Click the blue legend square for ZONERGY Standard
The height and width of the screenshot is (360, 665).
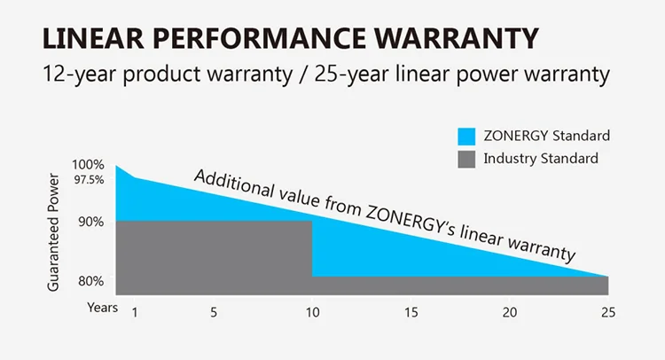(x=465, y=137)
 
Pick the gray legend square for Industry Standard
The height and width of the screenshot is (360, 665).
(x=465, y=160)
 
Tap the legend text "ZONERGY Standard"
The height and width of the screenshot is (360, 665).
(x=546, y=137)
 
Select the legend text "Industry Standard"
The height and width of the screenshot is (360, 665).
(x=541, y=160)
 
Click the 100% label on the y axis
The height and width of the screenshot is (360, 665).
(x=89, y=164)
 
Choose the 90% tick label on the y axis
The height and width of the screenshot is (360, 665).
(x=90, y=221)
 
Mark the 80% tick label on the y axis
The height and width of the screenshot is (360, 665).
(x=90, y=281)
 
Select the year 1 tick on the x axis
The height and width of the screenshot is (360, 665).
(x=135, y=312)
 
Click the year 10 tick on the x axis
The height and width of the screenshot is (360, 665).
(x=311, y=312)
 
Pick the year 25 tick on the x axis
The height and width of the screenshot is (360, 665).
(x=607, y=312)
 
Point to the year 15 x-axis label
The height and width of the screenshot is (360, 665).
(x=410, y=312)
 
